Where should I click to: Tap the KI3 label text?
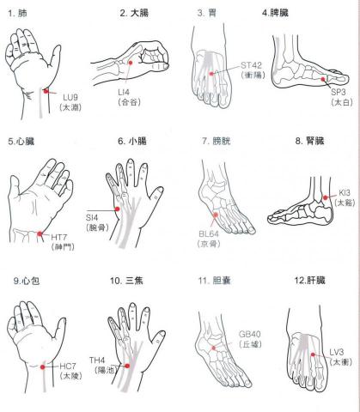tap(345, 194)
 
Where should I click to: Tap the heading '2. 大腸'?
tap(136, 13)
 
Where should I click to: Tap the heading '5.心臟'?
tap(23, 141)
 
